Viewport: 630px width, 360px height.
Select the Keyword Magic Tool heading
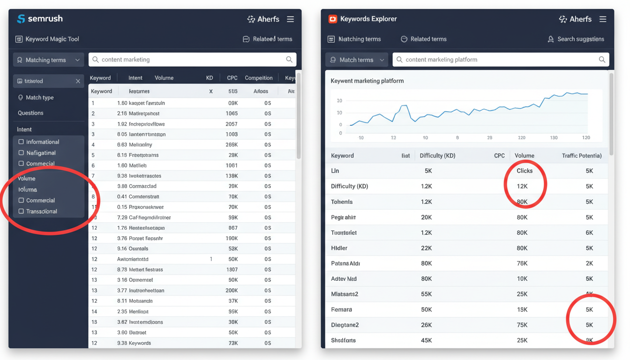coord(52,39)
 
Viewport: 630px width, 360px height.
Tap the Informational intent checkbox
coord(21,142)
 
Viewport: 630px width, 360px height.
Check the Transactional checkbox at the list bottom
coord(21,211)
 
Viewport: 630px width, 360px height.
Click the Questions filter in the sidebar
coord(30,113)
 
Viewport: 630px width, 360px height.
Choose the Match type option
coord(39,97)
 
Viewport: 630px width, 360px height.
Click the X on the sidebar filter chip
coord(78,81)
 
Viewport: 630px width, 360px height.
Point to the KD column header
coord(209,78)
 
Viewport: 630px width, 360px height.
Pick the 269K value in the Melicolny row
coord(232,145)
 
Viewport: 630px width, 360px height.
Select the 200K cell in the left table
coord(232,291)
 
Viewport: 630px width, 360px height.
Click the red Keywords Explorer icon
coord(332,19)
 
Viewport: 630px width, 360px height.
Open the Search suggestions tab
coord(580,39)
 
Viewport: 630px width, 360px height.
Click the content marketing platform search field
coord(497,60)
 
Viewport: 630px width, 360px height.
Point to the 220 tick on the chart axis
coord(521,138)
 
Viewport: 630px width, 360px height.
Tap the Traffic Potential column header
coord(581,156)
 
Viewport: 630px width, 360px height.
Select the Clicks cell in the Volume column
coord(524,171)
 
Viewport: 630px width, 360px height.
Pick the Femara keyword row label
coord(341,310)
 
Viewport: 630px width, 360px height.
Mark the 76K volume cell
coord(522,263)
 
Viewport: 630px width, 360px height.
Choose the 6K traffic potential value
coord(589,233)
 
